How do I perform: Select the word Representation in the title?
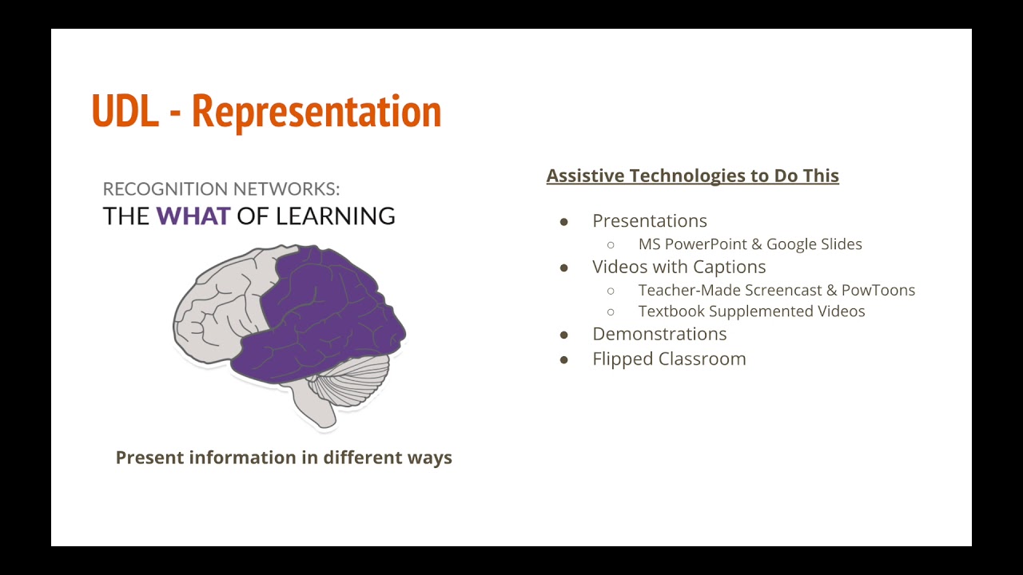coord(316,111)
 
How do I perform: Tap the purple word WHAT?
coord(193,216)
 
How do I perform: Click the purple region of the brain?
coord(320,311)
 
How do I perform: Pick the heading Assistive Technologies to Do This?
coord(692,176)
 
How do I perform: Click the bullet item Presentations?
coord(649,221)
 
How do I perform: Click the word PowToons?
coord(878,290)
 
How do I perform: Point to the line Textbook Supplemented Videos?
coord(751,311)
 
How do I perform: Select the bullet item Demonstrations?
coord(659,334)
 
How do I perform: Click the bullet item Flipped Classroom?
coord(668,359)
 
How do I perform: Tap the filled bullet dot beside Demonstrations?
coord(563,335)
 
